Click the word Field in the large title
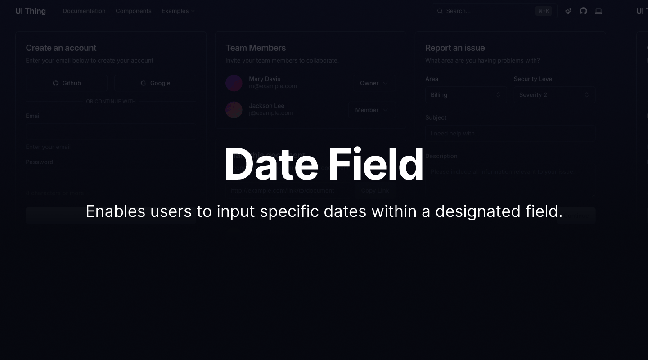(x=376, y=165)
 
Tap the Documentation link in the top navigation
(x=84, y=11)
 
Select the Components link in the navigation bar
(x=134, y=11)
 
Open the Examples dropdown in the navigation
(x=178, y=11)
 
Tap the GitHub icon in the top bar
(x=583, y=11)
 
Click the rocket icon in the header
(x=568, y=11)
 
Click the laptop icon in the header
(x=598, y=11)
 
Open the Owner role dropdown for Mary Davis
(x=374, y=83)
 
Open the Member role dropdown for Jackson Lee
(x=371, y=110)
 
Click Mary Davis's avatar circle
(x=234, y=83)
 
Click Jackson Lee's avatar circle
(x=234, y=110)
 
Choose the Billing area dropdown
(x=465, y=95)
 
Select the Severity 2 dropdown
(x=554, y=95)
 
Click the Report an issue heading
(x=455, y=48)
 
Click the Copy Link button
(x=375, y=190)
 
